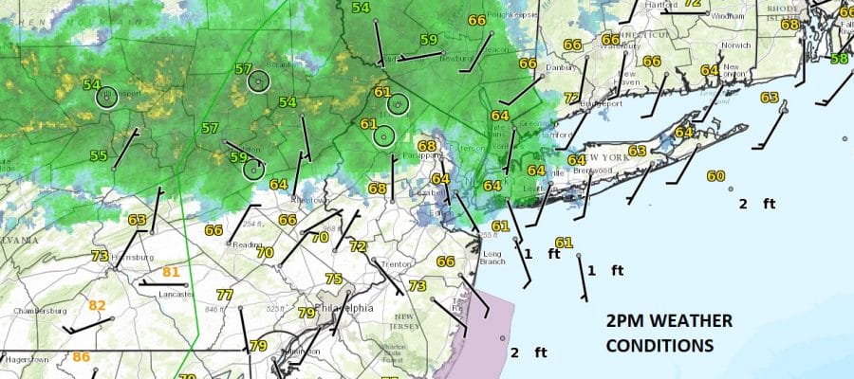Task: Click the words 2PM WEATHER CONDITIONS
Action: coord(668,334)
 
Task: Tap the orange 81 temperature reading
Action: coord(171,273)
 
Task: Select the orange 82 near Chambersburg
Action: coord(97,305)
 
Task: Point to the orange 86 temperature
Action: coord(82,357)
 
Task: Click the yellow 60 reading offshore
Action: coord(715,176)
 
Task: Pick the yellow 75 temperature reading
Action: coord(333,279)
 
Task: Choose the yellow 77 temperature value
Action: coord(225,295)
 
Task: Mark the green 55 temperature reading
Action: coord(99,155)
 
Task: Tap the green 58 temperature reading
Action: coord(839,59)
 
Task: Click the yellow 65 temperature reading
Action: coord(769,98)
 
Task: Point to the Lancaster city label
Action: coord(170,294)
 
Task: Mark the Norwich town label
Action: coord(735,45)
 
